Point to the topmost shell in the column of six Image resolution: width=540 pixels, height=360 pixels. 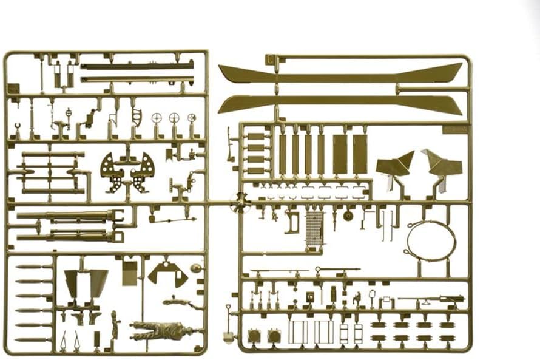[33, 267]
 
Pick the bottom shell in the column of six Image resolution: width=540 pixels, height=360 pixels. [33, 339]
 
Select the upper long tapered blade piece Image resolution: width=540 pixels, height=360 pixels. [340, 73]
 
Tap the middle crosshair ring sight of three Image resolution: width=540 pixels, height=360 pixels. [174, 118]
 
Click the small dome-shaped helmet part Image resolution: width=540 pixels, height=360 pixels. [195, 268]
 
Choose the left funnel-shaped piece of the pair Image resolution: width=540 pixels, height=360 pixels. [72, 283]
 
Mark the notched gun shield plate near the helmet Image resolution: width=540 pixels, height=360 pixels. [167, 273]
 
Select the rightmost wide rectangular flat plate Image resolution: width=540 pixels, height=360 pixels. [360, 154]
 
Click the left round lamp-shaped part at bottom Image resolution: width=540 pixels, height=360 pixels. [254, 335]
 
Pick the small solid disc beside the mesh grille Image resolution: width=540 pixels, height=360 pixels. [348, 216]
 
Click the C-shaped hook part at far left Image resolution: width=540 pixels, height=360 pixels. [16, 129]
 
